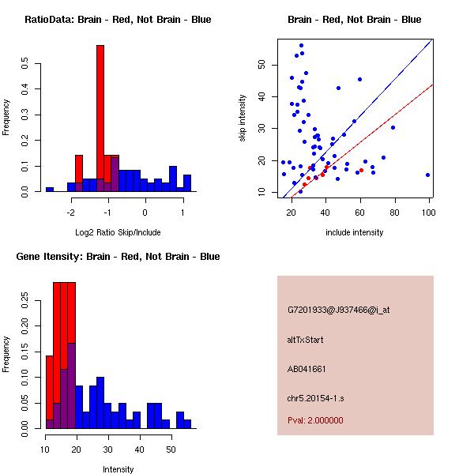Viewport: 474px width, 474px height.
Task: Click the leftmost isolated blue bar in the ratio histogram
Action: click(x=49, y=190)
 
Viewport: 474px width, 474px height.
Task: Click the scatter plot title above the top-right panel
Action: click(x=354, y=20)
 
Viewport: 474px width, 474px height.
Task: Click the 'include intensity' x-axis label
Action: click(x=355, y=232)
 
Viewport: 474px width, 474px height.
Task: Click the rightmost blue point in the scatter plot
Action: click(x=427, y=175)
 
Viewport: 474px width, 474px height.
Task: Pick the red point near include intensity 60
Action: click(x=362, y=170)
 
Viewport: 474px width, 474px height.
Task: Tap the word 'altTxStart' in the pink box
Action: click(x=306, y=340)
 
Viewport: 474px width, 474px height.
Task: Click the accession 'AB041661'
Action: click(x=307, y=369)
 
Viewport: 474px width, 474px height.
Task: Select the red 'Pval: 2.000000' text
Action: click(x=315, y=420)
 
